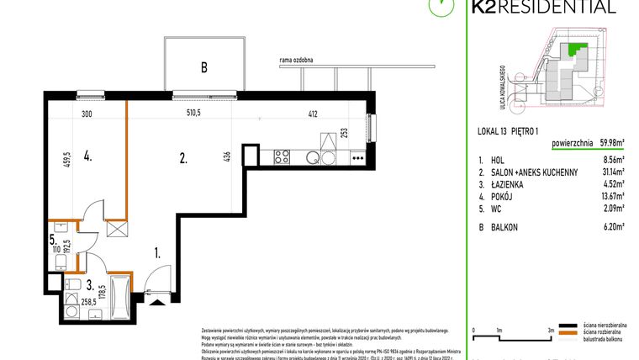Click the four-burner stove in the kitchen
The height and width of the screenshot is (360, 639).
(x=283, y=156)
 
